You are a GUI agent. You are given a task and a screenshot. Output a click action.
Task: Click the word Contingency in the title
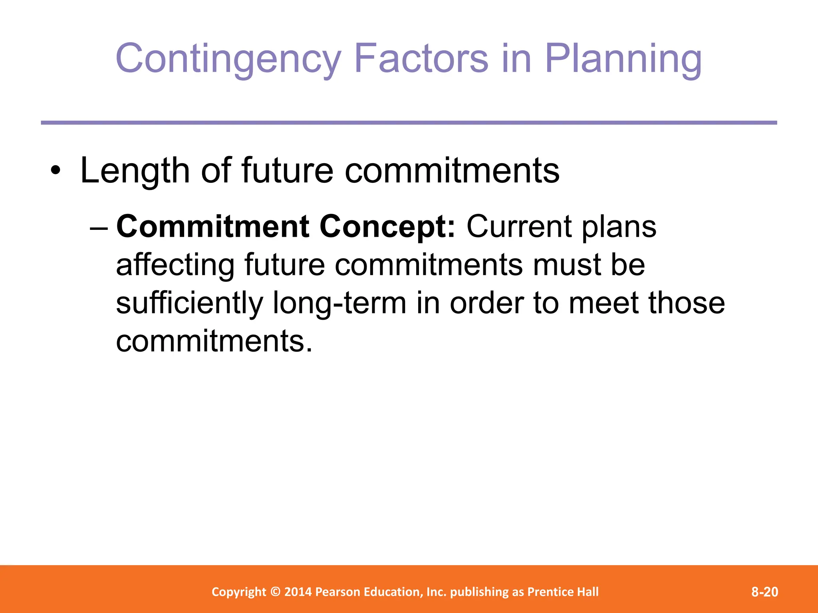click(x=228, y=59)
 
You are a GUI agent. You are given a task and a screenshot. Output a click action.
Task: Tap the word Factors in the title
click(x=421, y=59)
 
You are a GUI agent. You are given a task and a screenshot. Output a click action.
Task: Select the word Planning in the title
click(x=623, y=59)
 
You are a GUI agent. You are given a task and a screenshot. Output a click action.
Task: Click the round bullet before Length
click(x=56, y=171)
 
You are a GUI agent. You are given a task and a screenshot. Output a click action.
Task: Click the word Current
click(x=518, y=226)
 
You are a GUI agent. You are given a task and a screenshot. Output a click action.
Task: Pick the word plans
click(x=619, y=226)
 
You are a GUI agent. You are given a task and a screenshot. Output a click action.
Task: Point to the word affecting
click(x=175, y=265)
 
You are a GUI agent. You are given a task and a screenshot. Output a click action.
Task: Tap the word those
click(x=686, y=303)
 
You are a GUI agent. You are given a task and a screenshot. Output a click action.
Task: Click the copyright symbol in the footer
click(x=275, y=591)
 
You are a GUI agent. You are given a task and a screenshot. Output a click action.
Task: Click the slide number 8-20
click(x=764, y=591)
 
